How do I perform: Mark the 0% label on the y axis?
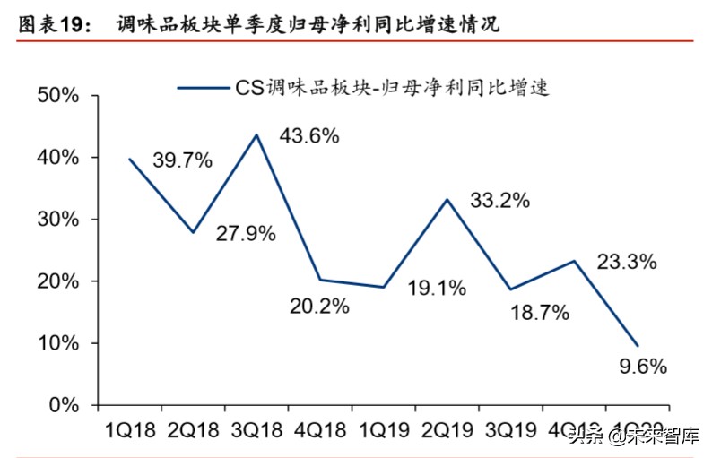63,405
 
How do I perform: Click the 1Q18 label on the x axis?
129,430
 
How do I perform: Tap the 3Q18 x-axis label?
256,430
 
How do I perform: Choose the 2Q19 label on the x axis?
447,430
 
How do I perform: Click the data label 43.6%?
309,136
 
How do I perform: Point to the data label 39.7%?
182,160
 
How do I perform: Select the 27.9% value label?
246,235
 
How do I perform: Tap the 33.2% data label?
499,201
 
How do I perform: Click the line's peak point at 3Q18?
256,135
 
